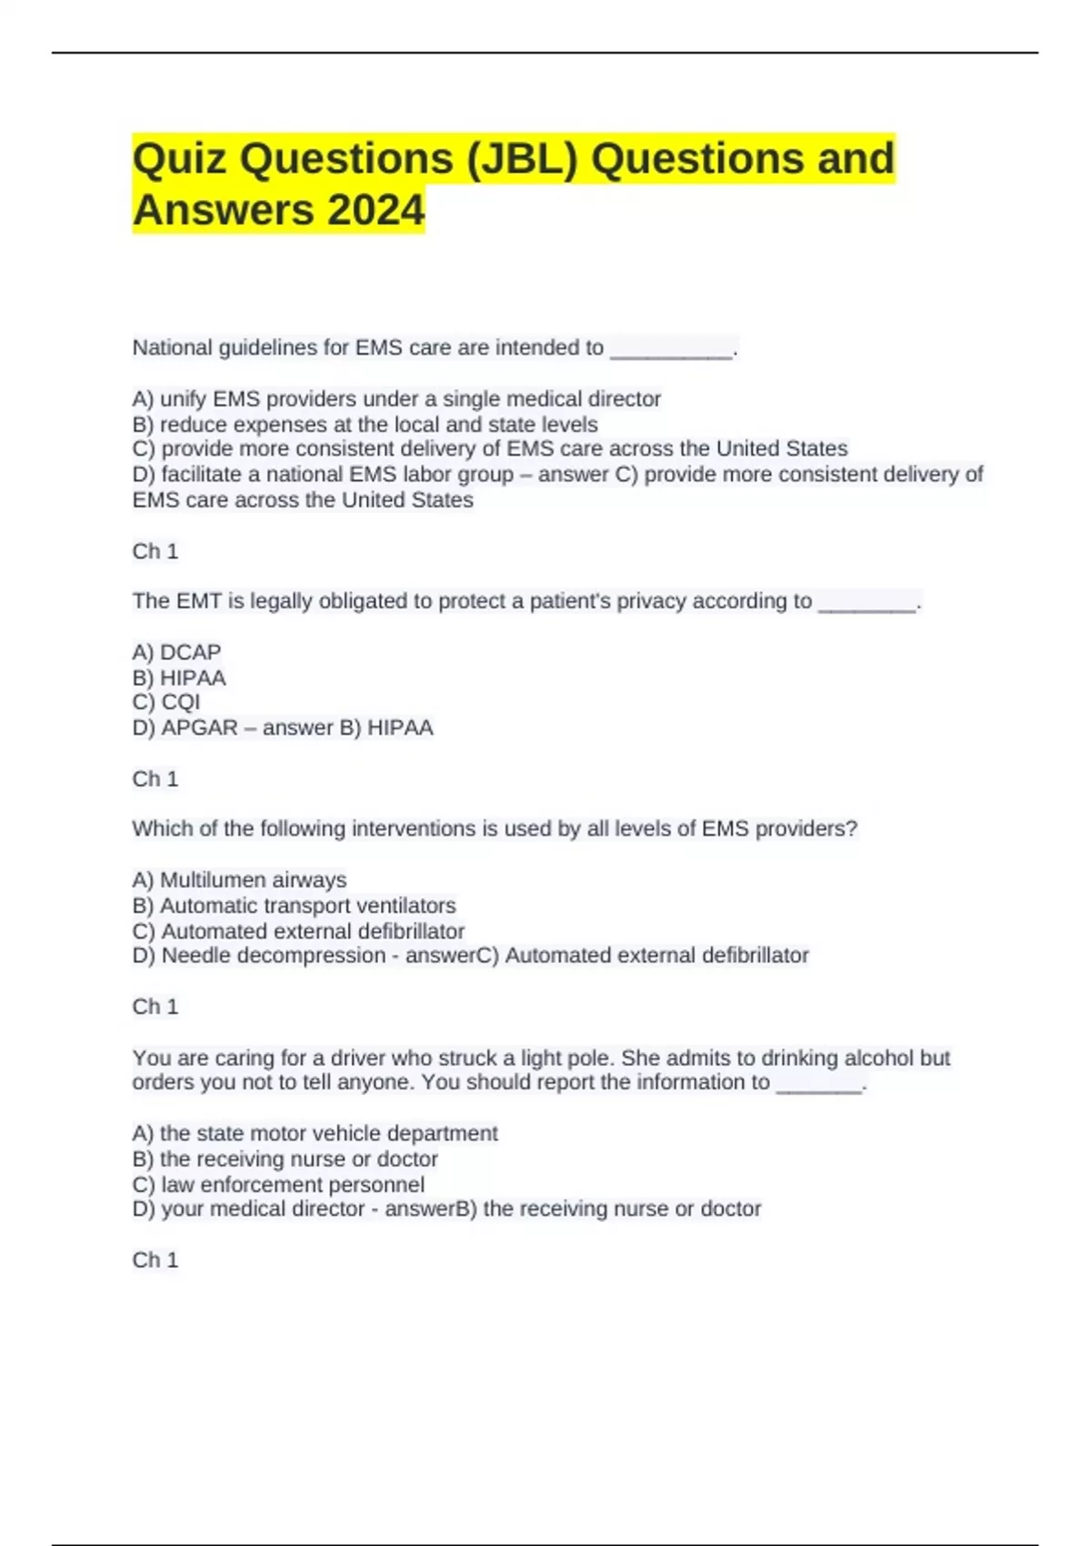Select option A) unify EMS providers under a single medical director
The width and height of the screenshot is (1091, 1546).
(396, 399)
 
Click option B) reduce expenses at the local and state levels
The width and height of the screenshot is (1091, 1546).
(365, 425)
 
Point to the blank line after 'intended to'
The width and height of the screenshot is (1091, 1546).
(671, 351)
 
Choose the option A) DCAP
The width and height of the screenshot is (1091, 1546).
(176, 652)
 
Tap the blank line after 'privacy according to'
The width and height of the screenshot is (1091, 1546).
(866, 605)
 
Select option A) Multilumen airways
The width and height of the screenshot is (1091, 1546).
(239, 880)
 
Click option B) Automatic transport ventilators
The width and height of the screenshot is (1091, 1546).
(294, 906)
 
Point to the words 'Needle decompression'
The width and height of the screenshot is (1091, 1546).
(274, 956)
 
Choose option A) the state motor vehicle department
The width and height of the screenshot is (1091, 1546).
(315, 1133)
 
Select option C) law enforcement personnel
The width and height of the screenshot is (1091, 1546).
(278, 1185)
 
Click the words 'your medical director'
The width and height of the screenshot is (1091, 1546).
(263, 1209)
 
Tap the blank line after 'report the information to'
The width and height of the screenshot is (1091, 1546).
(818, 1086)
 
